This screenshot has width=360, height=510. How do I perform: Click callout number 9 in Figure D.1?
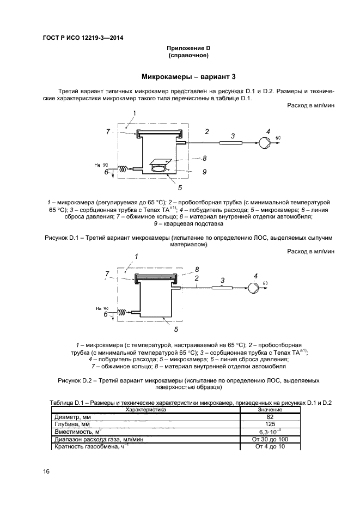click(x=204, y=172)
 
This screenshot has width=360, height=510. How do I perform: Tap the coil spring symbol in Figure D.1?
click(x=124, y=169)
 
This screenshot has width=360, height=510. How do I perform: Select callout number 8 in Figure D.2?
click(x=197, y=269)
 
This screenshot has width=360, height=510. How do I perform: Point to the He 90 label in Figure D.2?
click(x=102, y=308)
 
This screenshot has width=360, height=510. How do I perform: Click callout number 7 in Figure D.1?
click(x=108, y=131)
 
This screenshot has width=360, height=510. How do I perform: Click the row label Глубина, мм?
click(x=71, y=424)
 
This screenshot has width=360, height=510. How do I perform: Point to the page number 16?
click(x=46, y=471)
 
